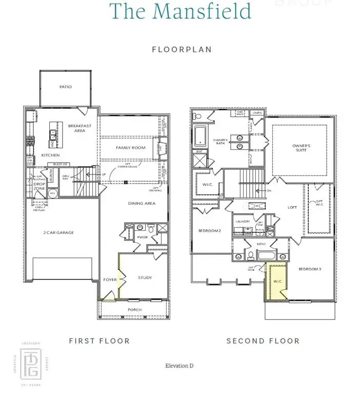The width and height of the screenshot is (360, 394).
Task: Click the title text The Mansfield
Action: tap(180, 11)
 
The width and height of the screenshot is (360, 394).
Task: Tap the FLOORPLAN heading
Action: tap(182, 50)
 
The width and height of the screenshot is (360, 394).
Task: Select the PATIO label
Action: tap(65, 87)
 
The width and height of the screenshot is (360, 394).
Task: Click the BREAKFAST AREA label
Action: tap(76, 128)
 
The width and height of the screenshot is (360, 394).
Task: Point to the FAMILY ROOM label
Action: tap(130, 148)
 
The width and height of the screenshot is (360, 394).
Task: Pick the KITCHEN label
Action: tap(50, 155)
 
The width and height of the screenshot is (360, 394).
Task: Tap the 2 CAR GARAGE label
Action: tap(58, 232)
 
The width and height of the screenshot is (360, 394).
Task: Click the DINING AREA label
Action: tap(142, 204)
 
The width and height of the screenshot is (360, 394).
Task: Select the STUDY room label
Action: tap(145, 278)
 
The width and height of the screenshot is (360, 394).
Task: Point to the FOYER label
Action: tap(110, 280)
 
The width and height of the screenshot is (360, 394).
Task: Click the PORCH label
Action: tap(134, 309)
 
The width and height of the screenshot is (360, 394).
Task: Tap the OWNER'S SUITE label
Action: tap(301, 148)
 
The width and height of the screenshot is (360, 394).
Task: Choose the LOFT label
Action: tap(292, 208)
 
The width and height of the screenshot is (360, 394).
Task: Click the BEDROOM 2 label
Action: tap(210, 231)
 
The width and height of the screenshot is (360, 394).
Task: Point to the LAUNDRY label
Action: tap(242, 222)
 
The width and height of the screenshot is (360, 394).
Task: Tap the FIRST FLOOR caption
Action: tap(99, 341)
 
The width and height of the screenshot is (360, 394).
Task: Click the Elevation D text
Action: tap(179, 366)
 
